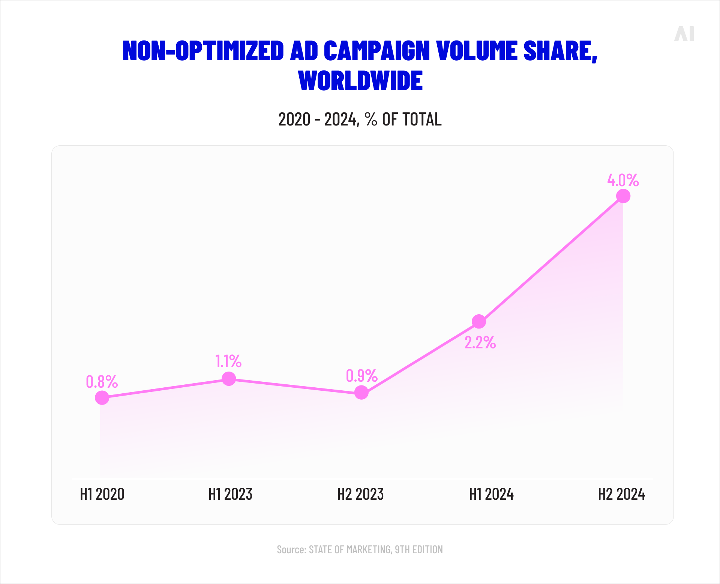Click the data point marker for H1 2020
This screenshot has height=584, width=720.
pyautogui.click(x=102, y=397)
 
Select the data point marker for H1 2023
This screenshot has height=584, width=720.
pyautogui.click(x=229, y=379)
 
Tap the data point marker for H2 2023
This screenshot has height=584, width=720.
pyautogui.click(x=361, y=393)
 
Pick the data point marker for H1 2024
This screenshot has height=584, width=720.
pyautogui.click(x=479, y=321)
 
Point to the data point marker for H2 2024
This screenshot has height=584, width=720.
pyautogui.click(x=623, y=196)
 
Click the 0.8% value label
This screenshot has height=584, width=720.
pyautogui.click(x=102, y=382)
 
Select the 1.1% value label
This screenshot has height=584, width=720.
pyautogui.click(x=228, y=361)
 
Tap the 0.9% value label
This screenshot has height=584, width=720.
pyautogui.click(x=361, y=376)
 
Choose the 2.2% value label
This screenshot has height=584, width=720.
pyautogui.click(x=480, y=342)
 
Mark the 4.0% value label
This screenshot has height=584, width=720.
pyautogui.click(x=623, y=180)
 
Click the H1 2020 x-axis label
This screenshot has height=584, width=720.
pyautogui.click(x=102, y=494)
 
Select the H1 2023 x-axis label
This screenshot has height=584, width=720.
pyautogui.click(x=230, y=494)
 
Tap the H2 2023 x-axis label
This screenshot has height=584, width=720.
pyautogui.click(x=360, y=494)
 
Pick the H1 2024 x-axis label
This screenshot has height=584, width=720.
pyautogui.click(x=491, y=494)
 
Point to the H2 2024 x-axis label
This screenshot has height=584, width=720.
pyautogui.click(x=621, y=494)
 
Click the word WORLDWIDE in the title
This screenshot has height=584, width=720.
pyautogui.click(x=360, y=81)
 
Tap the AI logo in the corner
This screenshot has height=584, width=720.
pyautogui.click(x=684, y=34)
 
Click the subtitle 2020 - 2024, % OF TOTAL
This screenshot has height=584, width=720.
pyautogui.click(x=360, y=119)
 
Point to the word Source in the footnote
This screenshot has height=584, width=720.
pyautogui.click(x=291, y=550)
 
